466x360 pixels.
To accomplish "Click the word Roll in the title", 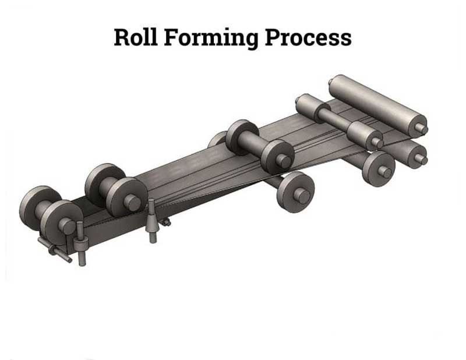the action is pyautogui.click(x=136, y=37).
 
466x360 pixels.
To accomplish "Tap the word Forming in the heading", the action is pyautogui.click(x=211, y=38).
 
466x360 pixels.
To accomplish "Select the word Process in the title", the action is pyautogui.click(x=308, y=38).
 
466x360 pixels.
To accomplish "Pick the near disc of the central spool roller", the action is pyautogui.click(x=278, y=157).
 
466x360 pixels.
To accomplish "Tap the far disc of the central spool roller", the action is pyautogui.click(x=241, y=137).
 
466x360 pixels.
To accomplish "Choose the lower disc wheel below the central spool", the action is pyautogui.click(x=295, y=192).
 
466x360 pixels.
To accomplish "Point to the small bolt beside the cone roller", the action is pyautogui.click(x=166, y=223).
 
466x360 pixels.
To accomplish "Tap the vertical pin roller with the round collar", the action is pyautogui.click(x=80, y=243).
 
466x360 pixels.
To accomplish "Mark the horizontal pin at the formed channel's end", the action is pyautogui.click(x=55, y=250).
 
